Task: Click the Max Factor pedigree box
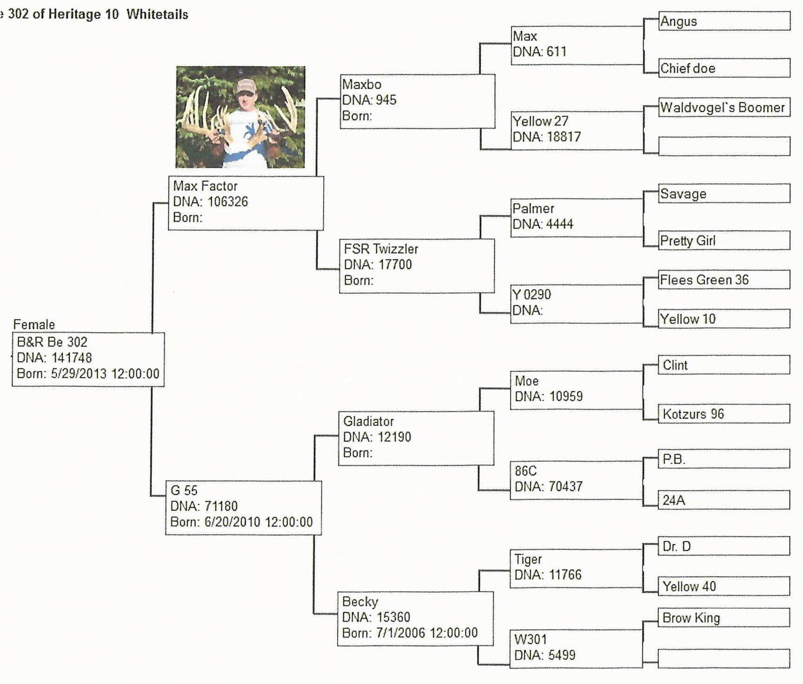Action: click(246, 203)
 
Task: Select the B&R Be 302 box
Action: click(88, 359)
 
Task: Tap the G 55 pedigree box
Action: click(243, 508)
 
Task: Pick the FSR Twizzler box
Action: click(417, 266)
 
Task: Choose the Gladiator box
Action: click(416, 438)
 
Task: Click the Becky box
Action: click(415, 618)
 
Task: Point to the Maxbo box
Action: click(417, 101)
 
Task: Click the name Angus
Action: click(678, 21)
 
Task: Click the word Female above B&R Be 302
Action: click(34, 324)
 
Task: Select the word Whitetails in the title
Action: click(157, 14)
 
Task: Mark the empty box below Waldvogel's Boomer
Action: click(724, 146)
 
